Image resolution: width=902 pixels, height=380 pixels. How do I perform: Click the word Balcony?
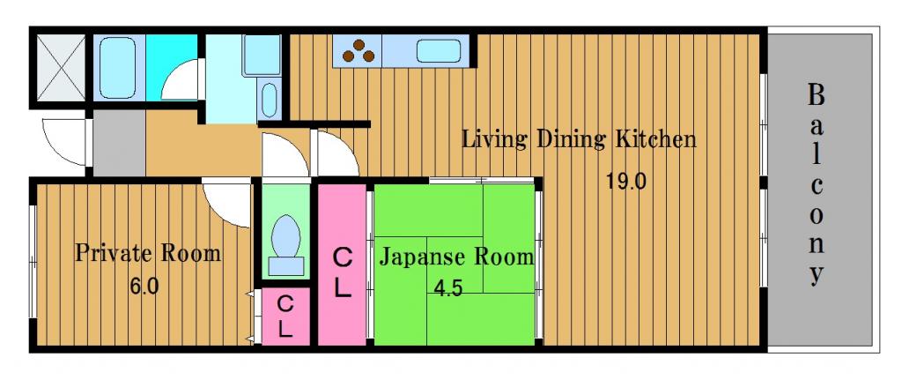click(816, 185)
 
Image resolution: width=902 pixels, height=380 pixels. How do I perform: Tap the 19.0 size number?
click(626, 182)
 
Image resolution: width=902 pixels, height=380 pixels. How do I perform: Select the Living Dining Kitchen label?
click(580, 139)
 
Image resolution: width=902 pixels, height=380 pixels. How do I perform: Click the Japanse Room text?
click(456, 257)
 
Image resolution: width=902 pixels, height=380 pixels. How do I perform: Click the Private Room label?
click(148, 253)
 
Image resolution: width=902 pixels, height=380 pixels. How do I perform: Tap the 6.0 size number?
click(144, 286)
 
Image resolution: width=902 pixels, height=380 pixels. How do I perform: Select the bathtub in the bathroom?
click(118, 68)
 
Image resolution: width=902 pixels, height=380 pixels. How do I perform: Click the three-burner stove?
click(358, 50)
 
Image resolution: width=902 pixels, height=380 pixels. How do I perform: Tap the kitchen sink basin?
click(439, 50)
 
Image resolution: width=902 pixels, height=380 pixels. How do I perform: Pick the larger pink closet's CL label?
click(343, 272)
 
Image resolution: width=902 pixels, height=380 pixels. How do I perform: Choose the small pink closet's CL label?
click(286, 317)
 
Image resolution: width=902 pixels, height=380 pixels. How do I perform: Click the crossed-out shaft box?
click(61, 67)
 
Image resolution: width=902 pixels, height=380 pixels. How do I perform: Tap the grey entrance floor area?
click(119, 143)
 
